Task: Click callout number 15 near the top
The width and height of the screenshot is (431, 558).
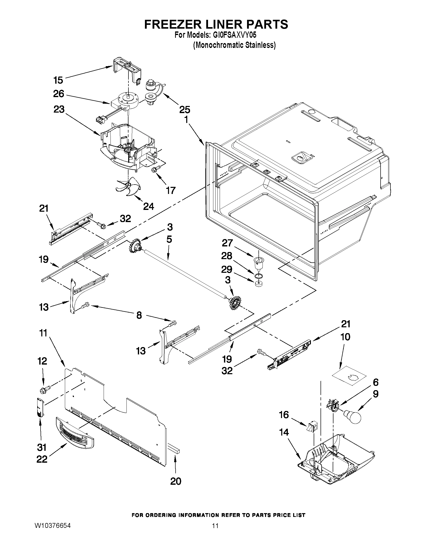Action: pos(58,80)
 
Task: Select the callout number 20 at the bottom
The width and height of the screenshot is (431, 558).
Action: pos(176,481)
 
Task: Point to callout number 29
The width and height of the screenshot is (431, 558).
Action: pos(227,269)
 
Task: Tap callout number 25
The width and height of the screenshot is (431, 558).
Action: pos(184,110)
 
